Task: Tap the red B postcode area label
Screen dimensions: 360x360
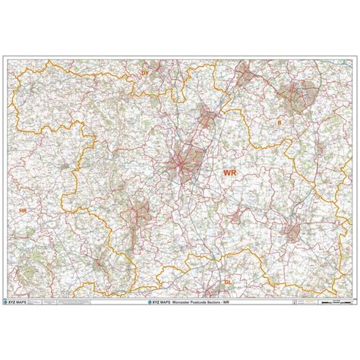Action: click(x=279, y=122)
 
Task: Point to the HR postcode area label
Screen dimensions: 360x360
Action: click(x=22, y=210)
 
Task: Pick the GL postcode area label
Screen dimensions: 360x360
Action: click(x=227, y=280)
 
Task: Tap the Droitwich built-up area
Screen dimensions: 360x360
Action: click(x=207, y=117)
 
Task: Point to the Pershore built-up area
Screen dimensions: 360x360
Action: click(x=236, y=215)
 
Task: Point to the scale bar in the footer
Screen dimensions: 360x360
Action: click(x=328, y=302)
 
